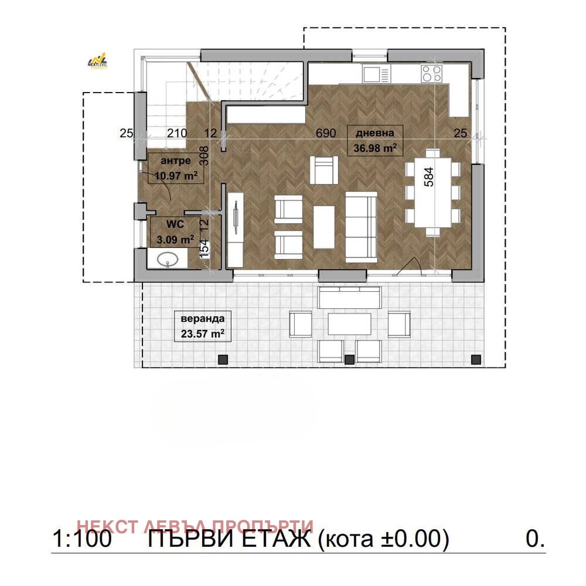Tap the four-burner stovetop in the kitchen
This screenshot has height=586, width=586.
[432, 73]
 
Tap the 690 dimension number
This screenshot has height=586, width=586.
[326, 133]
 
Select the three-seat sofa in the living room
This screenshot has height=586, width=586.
[361, 227]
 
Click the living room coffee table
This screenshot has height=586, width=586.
[324, 227]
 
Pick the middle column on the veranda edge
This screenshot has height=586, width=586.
[349, 359]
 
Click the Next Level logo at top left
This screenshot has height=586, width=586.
[97, 61]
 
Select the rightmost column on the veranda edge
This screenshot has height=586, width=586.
[476, 359]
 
